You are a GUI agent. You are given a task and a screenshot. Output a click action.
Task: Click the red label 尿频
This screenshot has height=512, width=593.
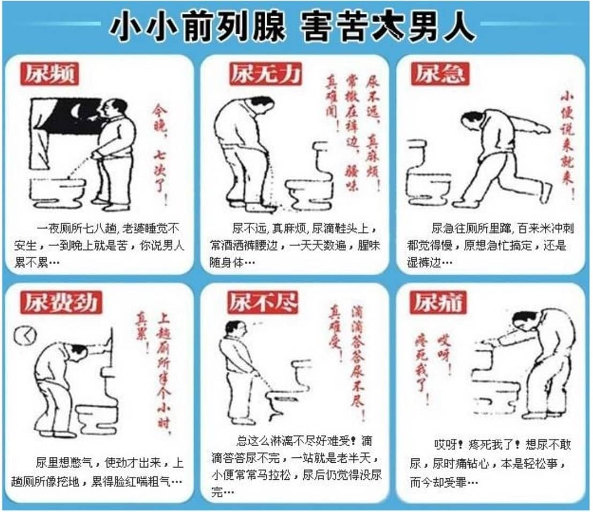[49, 74]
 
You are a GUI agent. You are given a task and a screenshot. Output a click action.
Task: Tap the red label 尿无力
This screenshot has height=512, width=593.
[265, 74]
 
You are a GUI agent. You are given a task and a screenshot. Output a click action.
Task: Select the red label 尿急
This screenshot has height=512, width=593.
[440, 74]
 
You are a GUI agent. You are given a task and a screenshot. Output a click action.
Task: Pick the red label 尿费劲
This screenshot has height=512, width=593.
[60, 303]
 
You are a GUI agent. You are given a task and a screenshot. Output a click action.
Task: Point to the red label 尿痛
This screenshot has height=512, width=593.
[438, 303]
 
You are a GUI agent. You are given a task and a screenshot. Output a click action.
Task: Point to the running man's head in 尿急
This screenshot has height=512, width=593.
[471, 119]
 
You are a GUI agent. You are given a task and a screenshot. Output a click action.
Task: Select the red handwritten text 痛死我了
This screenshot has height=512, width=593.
[423, 370]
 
